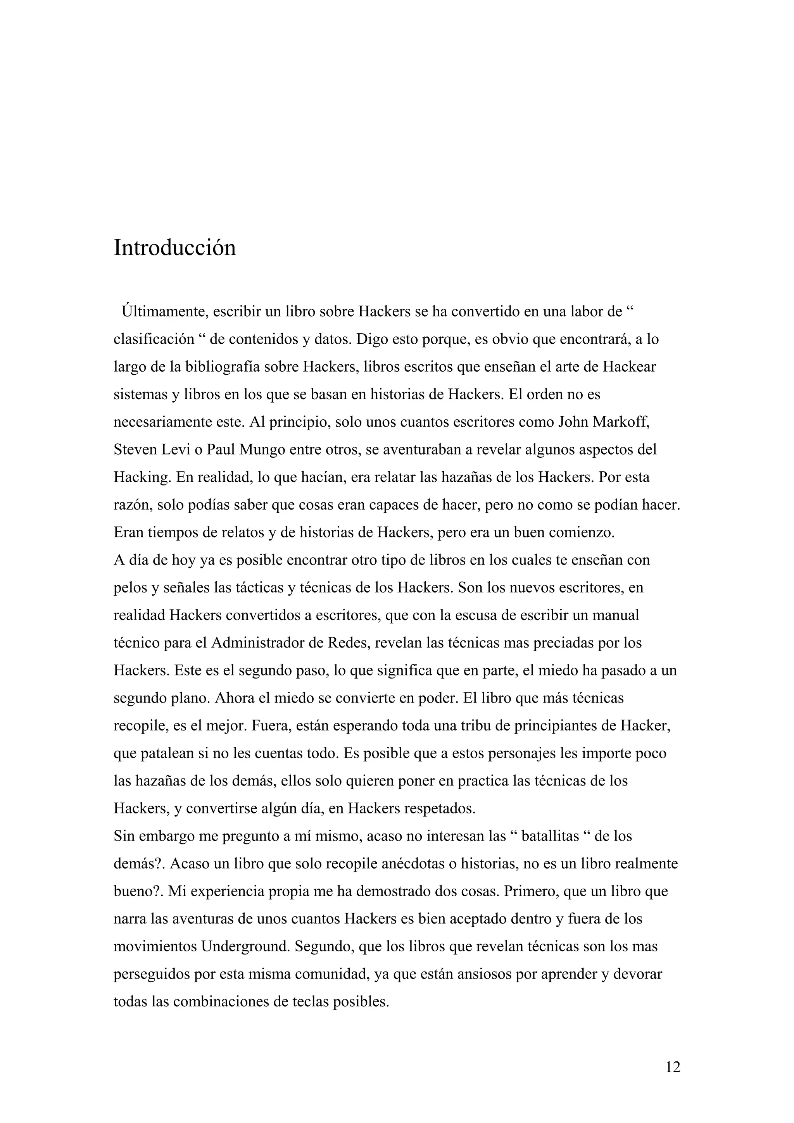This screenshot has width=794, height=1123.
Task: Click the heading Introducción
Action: pyautogui.click(x=174, y=248)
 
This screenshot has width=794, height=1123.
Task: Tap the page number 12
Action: pyautogui.click(x=673, y=1067)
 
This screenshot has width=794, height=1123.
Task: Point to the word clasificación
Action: pyautogui.click(x=154, y=339)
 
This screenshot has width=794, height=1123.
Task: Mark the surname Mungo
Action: pyautogui.click(x=262, y=450)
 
